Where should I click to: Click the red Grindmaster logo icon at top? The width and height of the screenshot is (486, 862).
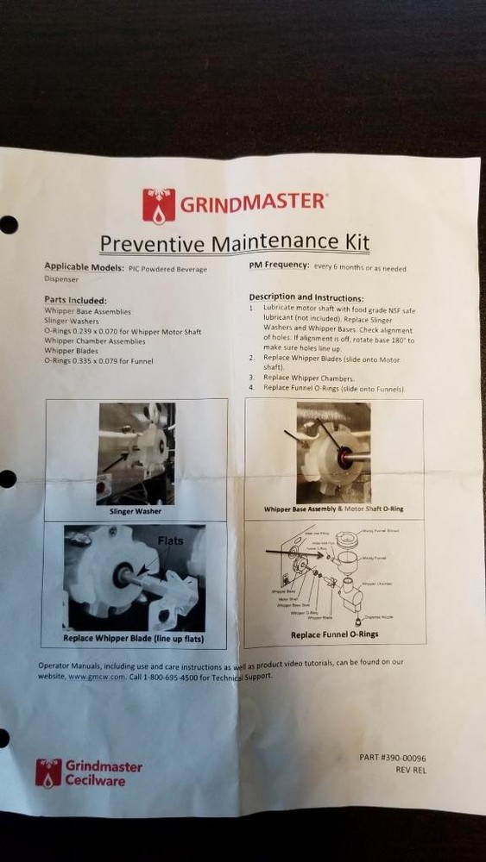tap(159, 205)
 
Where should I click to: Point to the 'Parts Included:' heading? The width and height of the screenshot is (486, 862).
tap(75, 300)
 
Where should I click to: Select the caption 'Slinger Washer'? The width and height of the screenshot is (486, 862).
tap(136, 511)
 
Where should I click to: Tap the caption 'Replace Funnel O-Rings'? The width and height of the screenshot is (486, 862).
tap(334, 634)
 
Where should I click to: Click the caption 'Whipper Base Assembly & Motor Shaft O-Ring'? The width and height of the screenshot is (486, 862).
tap(334, 509)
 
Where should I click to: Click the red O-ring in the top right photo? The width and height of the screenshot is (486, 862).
tap(345, 455)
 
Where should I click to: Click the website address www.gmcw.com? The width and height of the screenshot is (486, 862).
tap(92, 678)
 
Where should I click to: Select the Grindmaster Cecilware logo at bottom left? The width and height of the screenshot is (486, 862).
tap(88, 772)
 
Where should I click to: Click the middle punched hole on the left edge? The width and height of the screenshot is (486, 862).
tap(8, 478)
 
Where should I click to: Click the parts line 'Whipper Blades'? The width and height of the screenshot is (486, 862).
tap(72, 351)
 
